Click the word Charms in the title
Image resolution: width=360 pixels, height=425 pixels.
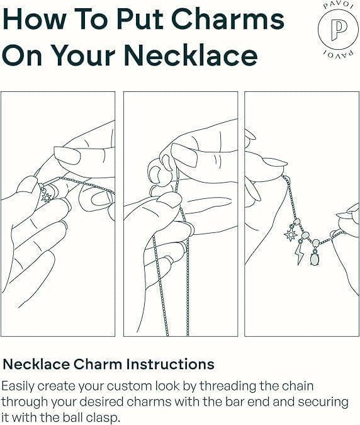pos(228,20)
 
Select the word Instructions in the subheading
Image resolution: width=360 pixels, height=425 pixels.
pos(171,364)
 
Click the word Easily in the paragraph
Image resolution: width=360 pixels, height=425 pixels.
pos(18,387)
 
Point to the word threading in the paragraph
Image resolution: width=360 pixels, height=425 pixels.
pos(228,387)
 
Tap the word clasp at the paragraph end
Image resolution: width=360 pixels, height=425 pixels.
pos(104,417)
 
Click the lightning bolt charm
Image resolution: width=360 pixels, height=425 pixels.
pos(300,254)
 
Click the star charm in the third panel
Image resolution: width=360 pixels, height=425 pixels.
pos(290,235)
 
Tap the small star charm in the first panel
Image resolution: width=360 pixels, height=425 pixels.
pos(47,198)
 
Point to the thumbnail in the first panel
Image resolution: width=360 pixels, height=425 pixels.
pos(67,156)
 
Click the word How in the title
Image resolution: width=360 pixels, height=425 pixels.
pos(34,20)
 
